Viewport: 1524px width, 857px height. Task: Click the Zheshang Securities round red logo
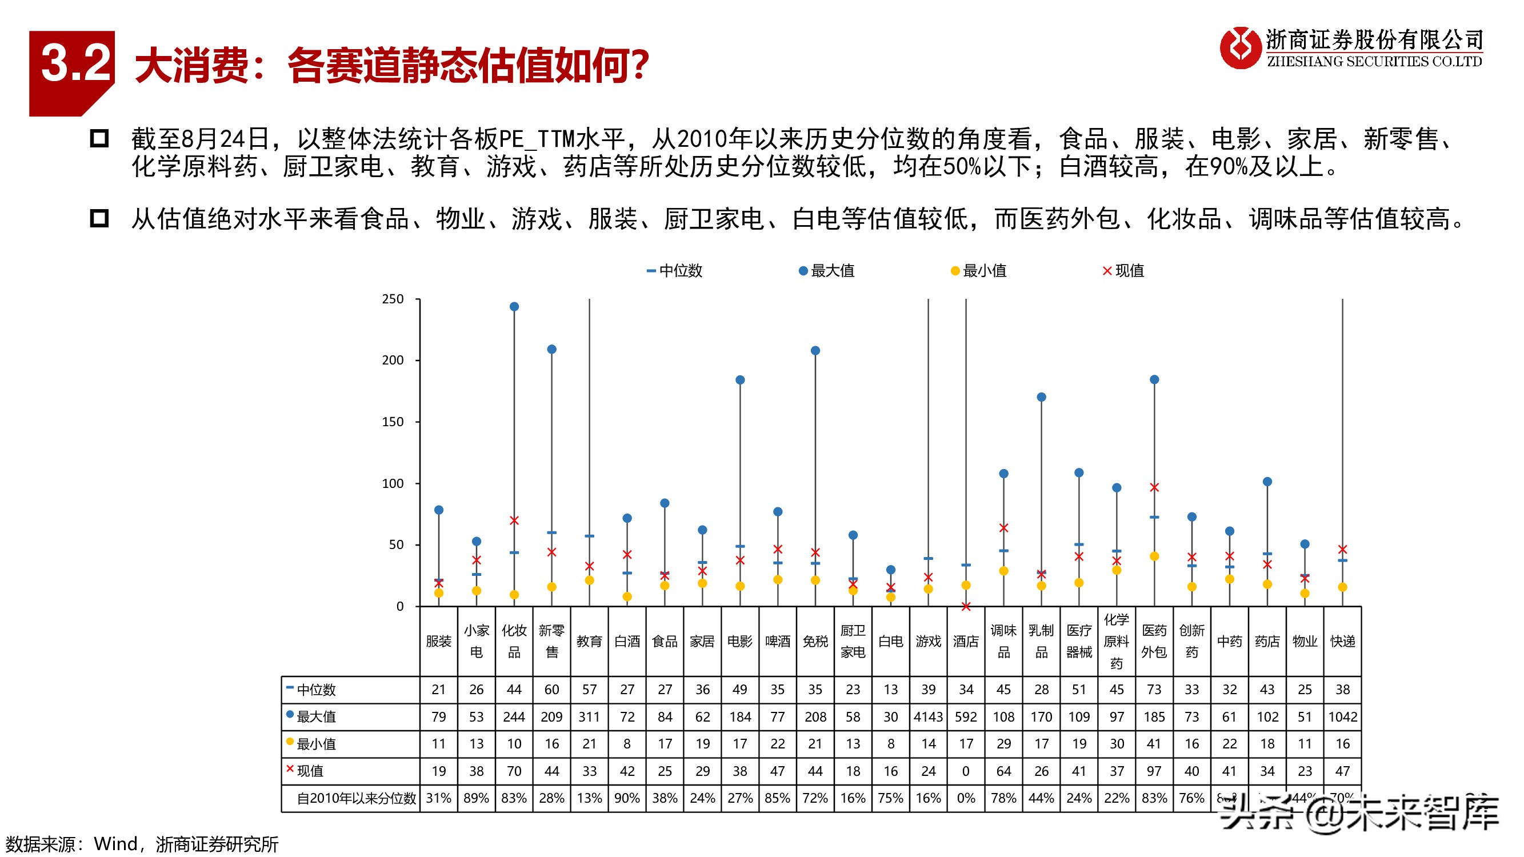click(x=1241, y=48)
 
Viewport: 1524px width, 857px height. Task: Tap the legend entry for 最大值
click(x=827, y=271)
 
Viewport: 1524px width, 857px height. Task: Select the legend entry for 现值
click(x=1123, y=271)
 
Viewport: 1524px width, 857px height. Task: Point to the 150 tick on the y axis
click(x=393, y=422)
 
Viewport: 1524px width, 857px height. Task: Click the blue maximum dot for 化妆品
click(x=514, y=306)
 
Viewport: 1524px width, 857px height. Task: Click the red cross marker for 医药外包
click(x=1154, y=487)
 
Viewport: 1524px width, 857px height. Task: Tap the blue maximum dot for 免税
click(x=815, y=351)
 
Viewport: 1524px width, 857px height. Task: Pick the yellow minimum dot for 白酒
click(x=627, y=597)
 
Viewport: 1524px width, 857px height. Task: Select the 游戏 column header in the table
click(x=928, y=641)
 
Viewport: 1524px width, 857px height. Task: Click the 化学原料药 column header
click(x=1117, y=641)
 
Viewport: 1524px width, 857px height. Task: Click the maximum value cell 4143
click(x=928, y=717)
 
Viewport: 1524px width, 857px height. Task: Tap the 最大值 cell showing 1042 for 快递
click(x=1342, y=717)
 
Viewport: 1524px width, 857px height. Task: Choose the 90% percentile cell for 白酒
click(x=627, y=798)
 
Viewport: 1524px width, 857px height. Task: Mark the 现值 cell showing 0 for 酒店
click(x=966, y=771)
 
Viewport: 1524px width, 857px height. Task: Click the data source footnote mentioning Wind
click(x=142, y=844)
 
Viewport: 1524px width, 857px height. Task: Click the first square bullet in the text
click(x=99, y=139)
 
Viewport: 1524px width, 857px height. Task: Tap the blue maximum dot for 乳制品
click(x=1041, y=397)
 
